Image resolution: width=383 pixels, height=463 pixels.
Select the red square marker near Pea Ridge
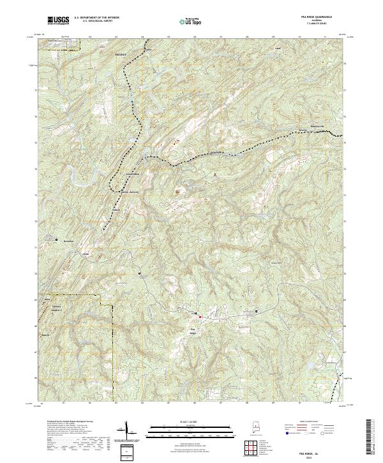pos(199,316)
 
